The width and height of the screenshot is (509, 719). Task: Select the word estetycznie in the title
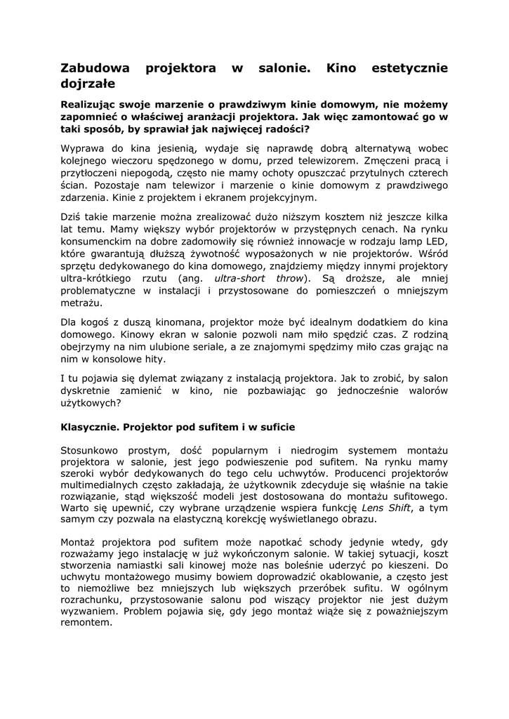pos(410,68)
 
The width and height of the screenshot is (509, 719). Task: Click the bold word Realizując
pos(93,103)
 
